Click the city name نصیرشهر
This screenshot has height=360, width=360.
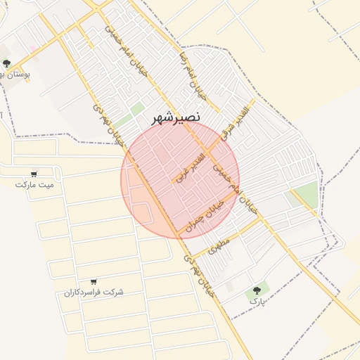pyautogui.click(x=177, y=118)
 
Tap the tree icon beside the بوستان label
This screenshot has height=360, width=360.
pyautogui.click(x=6, y=63)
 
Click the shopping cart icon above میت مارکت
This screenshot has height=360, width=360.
pyautogui.click(x=34, y=174)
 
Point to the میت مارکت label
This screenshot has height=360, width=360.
pyautogui.click(x=34, y=184)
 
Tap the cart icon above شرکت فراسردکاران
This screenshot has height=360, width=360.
pyautogui.click(x=94, y=281)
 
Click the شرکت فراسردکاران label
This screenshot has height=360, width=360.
pyautogui.click(x=94, y=292)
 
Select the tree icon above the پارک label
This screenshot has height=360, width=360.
pyautogui.click(x=257, y=289)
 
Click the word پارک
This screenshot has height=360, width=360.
pyautogui.click(x=257, y=300)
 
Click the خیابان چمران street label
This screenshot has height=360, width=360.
pyautogui.click(x=212, y=209)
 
